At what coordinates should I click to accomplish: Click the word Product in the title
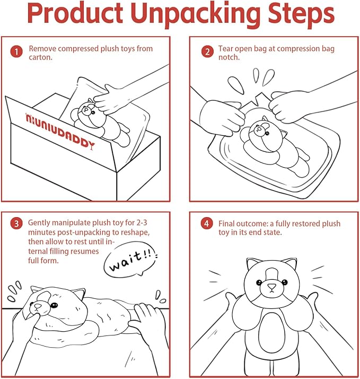pos(75,14)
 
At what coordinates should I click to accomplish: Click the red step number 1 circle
pos(16,52)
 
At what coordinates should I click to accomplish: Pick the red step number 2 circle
pos(207,51)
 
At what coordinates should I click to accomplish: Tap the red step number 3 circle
pos(16,223)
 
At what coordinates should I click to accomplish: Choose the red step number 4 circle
pos(207,223)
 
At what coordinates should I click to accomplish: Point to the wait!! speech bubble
pos(130,259)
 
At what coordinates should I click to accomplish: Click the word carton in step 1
pos(40,57)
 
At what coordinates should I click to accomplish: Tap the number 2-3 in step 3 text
pos(140,222)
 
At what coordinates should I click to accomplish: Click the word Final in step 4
pos(226,223)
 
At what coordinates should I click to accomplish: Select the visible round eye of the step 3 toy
pos(55,305)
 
